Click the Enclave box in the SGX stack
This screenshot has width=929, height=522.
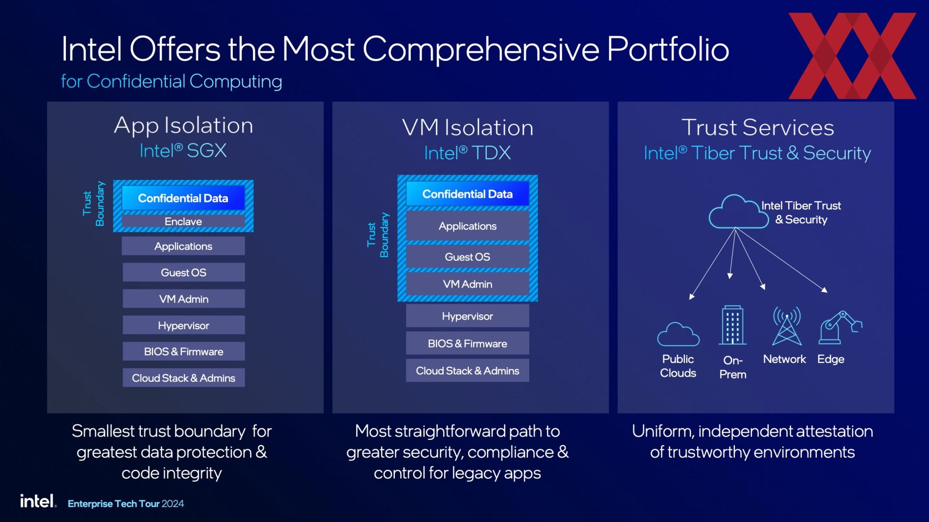[x=183, y=221]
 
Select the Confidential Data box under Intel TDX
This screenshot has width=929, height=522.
[x=467, y=194]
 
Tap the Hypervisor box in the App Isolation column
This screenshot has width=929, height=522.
[x=183, y=325]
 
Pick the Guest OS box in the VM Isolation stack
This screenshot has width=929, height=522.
[x=467, y=257]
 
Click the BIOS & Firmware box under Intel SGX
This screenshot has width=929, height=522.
[x=183, y=351]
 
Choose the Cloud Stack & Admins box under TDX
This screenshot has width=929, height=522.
[x=467, y=371]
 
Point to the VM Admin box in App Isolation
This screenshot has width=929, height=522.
[x=183, y=299]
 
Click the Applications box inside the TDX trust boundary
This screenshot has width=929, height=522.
[x=467, y=226]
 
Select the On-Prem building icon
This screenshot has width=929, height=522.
[x=733, y=325]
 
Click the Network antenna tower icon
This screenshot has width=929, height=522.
[x=787, y=326]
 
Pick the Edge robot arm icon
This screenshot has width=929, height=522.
[x=840, y=327]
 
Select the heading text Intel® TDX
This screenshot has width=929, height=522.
[x=467, y=153]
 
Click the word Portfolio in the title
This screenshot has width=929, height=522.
[x=668, y=49]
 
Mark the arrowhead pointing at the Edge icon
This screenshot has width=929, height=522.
[x=824, y=290]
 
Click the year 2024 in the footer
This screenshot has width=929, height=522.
[x=173, y=504]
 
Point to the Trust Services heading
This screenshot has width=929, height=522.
[x=758, y=128]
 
